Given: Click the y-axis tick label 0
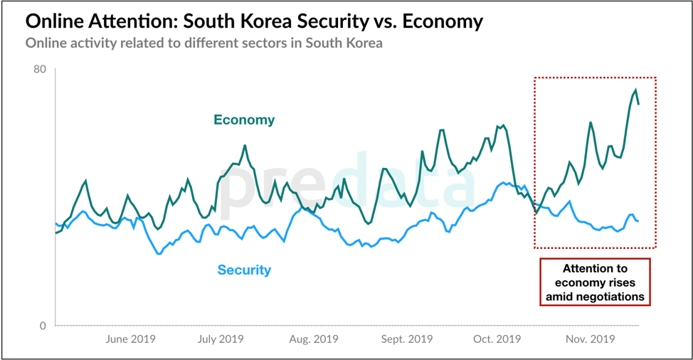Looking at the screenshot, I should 42,326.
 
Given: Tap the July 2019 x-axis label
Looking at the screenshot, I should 221,339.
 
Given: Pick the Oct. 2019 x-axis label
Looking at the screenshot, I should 497,339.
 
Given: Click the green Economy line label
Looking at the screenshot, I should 244,120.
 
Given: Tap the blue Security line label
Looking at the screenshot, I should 244,270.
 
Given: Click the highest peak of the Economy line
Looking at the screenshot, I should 635,90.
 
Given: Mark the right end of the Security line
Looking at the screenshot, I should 638,221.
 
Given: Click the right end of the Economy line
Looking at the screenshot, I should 639,104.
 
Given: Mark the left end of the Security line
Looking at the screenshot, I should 56,223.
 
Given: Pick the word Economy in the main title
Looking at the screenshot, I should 443,21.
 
